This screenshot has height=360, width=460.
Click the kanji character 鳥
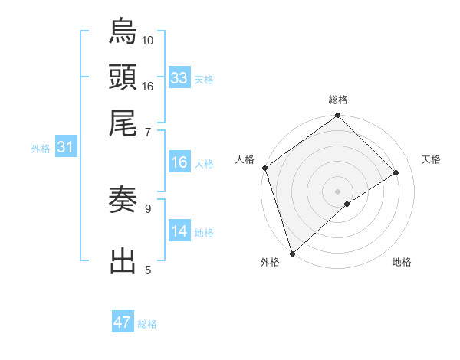tap(123, 31)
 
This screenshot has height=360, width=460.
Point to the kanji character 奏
tap(123, 201)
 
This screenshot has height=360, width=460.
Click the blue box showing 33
tap(179, 78)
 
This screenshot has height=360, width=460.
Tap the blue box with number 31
tap(65, 148)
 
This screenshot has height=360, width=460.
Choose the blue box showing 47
tap(123, 322)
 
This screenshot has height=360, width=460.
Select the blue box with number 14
tap(179, 231)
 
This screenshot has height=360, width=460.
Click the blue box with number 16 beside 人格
tap(179, 163)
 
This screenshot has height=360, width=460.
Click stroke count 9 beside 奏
tap(148, 208)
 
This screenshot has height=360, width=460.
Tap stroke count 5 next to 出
tap(148, 269)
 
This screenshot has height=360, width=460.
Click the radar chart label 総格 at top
tap(337, 100)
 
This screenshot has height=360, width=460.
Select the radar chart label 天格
tap(431, 159)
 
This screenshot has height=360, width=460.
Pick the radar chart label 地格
tap(402, 262)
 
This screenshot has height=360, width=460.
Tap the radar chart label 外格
tap(270, 262)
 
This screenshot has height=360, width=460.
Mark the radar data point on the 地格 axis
tap(347, 204)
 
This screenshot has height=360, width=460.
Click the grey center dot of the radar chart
tap(337, 191)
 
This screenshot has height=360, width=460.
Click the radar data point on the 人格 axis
tap(264, 168)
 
